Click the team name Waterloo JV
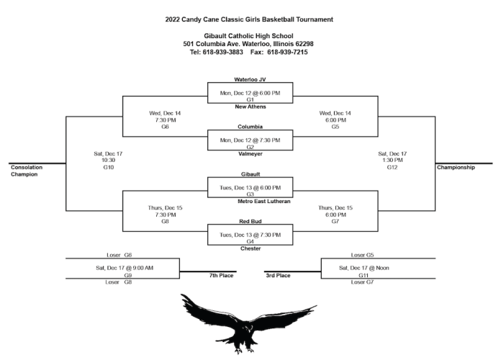point(250,79)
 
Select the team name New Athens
point(250,107)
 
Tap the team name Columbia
point(250,126)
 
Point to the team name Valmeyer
point(250,153)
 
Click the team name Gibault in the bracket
point(250,174)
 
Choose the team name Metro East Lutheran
point(250,201)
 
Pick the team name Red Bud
point(250,221)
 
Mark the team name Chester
point(250,248)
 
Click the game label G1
point(250,99)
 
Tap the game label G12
point(392,167)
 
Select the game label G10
point(109,167)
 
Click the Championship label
point(456,167)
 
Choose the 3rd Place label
point(278,276)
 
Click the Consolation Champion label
point(27,171)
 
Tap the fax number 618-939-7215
point(288,53)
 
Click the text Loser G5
point(362,255)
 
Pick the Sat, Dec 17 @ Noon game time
point(364,268)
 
